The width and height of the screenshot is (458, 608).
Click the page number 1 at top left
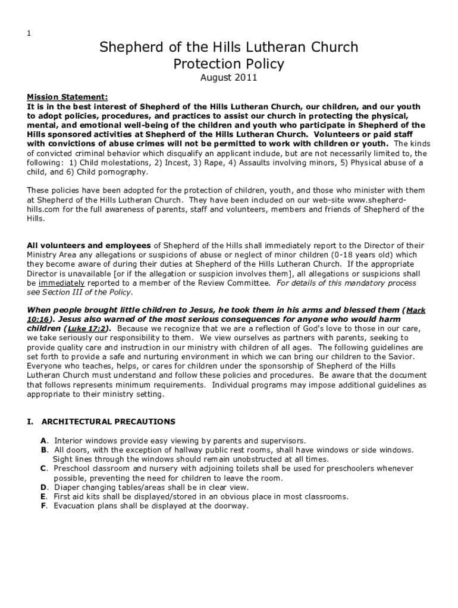pos(29,33)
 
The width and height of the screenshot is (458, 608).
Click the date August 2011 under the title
pos(228,78)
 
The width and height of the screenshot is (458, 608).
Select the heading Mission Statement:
pos(67,97)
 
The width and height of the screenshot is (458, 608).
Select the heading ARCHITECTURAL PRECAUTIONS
pos(108,422)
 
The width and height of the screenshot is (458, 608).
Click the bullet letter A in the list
pos(43,441)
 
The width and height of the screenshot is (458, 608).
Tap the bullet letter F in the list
pos(43,506)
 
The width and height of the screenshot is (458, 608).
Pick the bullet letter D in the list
pos(43,487)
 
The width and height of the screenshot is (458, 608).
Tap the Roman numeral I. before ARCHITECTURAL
pos(30,422)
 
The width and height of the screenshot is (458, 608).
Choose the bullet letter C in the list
pos(43,468)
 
